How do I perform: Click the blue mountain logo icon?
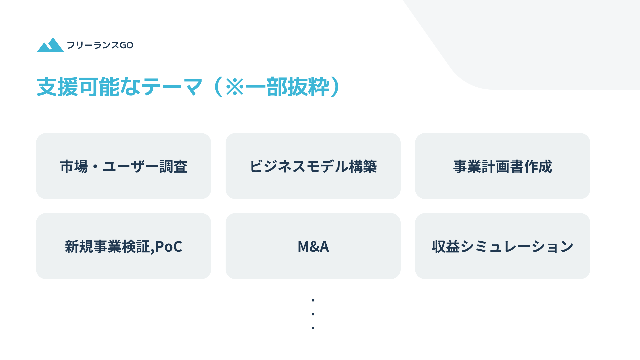click(x=50, y=45)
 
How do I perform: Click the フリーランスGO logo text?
click(x=100, y=45)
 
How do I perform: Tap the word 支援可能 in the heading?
click(x=78, y=87)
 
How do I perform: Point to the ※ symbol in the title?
click(x=235, y=87)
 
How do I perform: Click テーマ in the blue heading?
click(x=172, y=87)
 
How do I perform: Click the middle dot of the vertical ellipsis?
click(x=313, y=314)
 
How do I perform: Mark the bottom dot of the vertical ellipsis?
click(x=313, y=328)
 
